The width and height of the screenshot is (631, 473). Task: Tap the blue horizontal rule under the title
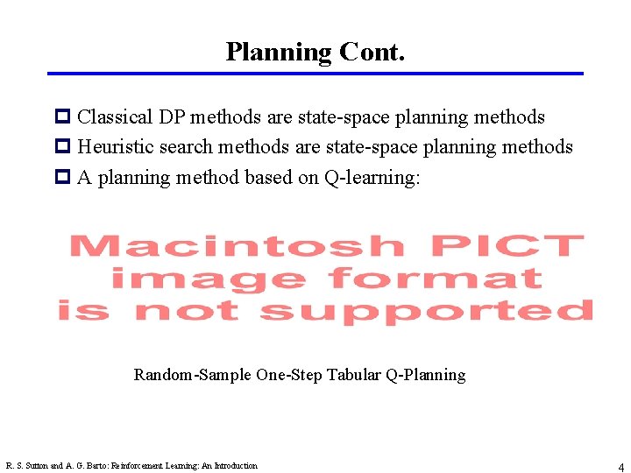(315, 74)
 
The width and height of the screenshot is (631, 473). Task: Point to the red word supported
(426, 311)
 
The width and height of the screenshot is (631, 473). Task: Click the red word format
(435, 279)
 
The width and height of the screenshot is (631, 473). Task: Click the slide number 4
(620, 468)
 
